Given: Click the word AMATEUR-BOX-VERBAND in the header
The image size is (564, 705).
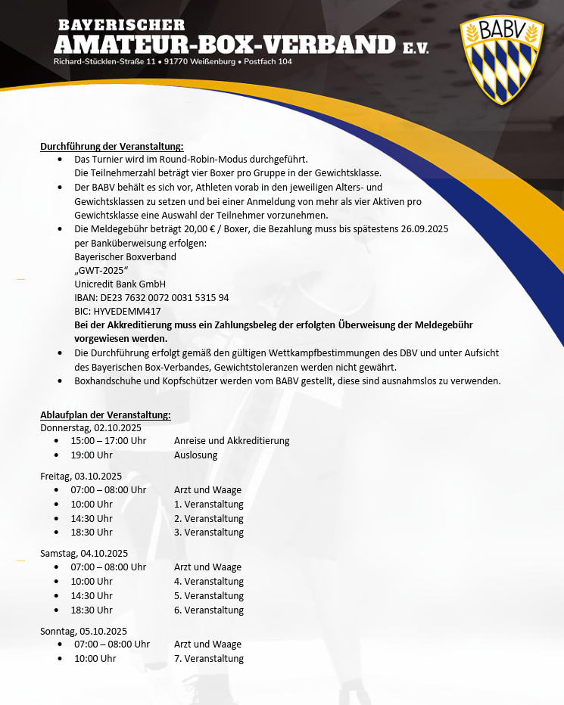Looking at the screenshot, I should coord(224,43).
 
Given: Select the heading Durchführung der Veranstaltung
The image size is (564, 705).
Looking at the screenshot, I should coord(111,146).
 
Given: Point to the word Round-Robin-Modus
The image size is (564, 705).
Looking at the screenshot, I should coord(220,160).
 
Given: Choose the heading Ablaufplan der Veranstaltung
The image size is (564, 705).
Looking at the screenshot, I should coord(105,415).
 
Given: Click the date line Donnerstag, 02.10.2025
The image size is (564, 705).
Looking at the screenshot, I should coord(91,427).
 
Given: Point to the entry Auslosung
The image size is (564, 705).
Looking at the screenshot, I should coord(195,455).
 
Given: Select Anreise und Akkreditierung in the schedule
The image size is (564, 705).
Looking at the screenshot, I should coord(232,440).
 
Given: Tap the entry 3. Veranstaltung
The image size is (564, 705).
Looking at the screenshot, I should coord(209,533).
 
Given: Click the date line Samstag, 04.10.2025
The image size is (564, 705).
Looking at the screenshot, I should coord(84,553).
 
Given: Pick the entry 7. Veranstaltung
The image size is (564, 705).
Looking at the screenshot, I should coord(209,659).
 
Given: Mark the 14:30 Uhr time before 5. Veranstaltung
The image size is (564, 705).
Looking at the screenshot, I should coord(92,596).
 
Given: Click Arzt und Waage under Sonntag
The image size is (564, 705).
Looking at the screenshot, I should coord(207,644).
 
